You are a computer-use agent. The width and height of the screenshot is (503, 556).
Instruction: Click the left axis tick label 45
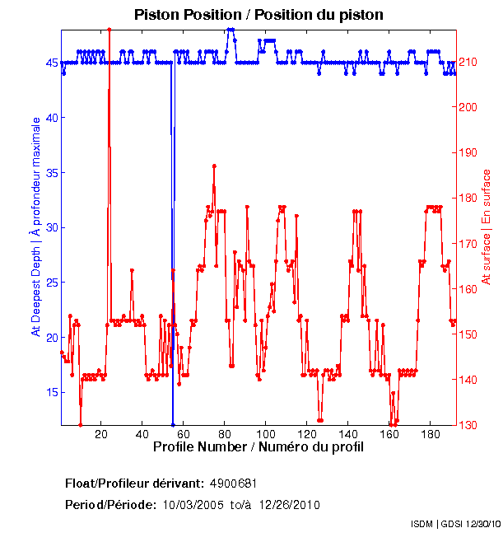(51, 63)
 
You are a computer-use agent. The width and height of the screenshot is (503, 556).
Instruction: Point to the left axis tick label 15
(51, 392)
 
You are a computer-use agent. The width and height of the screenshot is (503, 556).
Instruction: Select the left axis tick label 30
(51, 227)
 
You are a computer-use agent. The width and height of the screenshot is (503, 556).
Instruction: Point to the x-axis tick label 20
(101, 434)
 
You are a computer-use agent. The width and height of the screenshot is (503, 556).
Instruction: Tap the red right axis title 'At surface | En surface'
(486, 227)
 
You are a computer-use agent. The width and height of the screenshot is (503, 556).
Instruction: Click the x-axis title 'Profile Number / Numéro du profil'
(258, 447)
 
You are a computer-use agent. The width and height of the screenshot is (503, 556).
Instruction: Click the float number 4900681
(239, 483)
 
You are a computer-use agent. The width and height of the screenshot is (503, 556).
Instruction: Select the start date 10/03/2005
(193, 504)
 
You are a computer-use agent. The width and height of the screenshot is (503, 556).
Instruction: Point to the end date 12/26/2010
(290, 504)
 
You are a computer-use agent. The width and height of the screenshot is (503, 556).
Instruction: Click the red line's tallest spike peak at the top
(109, 30)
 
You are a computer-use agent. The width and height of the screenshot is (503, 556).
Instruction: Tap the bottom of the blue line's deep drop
(173, 423)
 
